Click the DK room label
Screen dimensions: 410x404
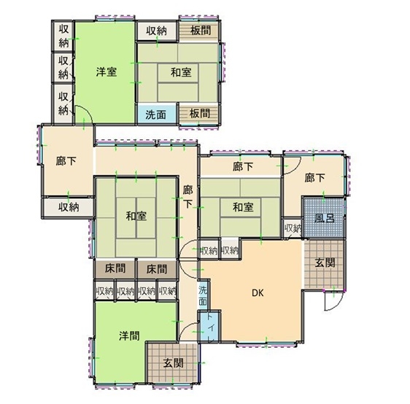pyautogui.click(x=258, y=293)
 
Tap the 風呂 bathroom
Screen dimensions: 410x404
pyautogui.click(x=323, y=218)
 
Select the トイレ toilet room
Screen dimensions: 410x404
pyautogui.click(x=210, y=327)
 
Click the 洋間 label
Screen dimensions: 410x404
pyautogui.click(x=129, y=335)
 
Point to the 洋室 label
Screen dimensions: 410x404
pyautogui.click(x=107, y=71)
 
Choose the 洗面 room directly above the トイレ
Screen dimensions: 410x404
pyautogui.click(x=203, y=295)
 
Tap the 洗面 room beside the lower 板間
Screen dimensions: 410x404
pyautogui.click(x=157, y=113)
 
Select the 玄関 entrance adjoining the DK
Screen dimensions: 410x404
pyautogui.click(x=324, y=264)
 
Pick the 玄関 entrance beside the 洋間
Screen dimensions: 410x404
pyautogui.click(x=173, y=362)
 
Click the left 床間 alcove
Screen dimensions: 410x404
pyautogui.click(x=115, y=269)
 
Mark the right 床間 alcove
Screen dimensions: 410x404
pyautogui.click(x=157, y=269)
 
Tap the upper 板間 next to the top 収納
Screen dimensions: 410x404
pyautogui.click(x=198, y=31)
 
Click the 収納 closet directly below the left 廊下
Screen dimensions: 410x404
pyautogui.click(x=68, y=207)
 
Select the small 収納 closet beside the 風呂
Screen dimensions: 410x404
pyautogui.click(x=293, y=228)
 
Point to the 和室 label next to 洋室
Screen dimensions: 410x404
pyautogui.click(x=181, y=72)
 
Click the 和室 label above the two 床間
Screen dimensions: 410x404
pyautogui.click(x=136, y=216)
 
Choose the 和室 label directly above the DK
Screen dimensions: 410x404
pyautogui.click(x=243, y=208)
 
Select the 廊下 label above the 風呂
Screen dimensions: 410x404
pyautogui.click(x=315, y=178)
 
